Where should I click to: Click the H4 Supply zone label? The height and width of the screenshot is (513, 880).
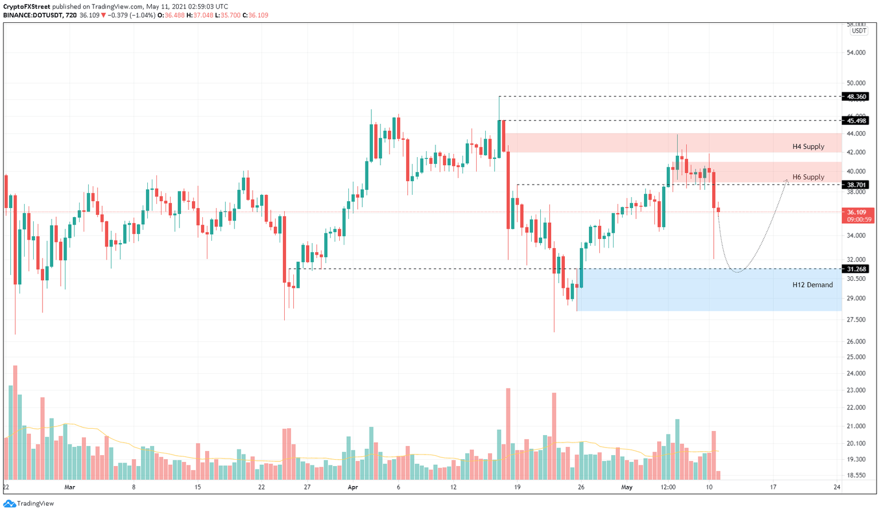[x=808, y=147]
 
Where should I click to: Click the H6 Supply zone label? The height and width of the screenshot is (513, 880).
[x=808, y=177]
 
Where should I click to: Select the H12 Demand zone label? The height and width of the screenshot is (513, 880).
[x=812, y=285]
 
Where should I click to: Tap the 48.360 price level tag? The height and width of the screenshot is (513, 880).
[x=856, y=97]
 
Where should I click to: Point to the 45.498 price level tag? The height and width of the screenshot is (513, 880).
[x=856, y=120]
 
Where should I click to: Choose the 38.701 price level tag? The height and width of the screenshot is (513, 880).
[x=856, y=185]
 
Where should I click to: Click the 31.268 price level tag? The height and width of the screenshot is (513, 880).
[x=856, y=269]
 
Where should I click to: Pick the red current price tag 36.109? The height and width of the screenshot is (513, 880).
[x=857, y=212]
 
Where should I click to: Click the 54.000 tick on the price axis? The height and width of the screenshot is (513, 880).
[x=856, y=53]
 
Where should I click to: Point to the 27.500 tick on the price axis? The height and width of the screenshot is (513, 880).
[x=856, y=320]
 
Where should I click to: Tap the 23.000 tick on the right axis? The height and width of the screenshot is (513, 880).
[x=856, y=391]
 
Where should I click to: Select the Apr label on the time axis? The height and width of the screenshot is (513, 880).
[x=352, y=488]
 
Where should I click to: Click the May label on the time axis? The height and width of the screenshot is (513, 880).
[x=627, y=488]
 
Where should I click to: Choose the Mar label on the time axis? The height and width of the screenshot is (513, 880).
[x=69, y=488]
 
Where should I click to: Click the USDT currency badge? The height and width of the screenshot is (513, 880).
[x=858, y=31]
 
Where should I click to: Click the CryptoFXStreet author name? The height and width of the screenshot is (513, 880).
[x=27, y=7]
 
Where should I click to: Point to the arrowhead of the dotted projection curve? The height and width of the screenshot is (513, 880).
[x=787, y=181]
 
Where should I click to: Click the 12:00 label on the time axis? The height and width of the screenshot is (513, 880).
[x=668, y=488]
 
